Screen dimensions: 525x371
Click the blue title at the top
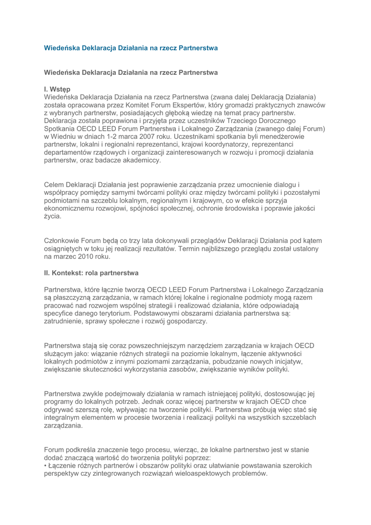[x=131, y=48]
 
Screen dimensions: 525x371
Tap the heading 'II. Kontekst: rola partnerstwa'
[x=91, y=273]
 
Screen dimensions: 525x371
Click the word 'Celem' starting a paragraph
[x=55, y=184]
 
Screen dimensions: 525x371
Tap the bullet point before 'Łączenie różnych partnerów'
[x=46, y=466]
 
